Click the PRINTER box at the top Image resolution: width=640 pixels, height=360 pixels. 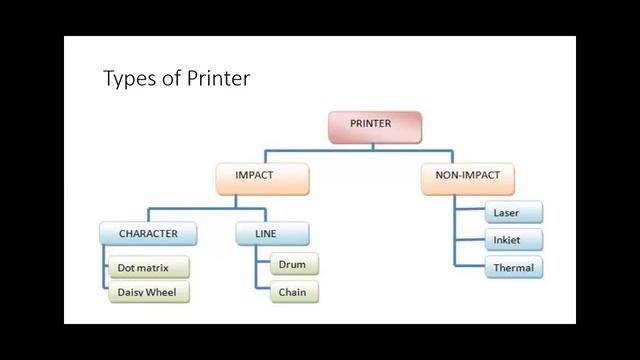(375, 124)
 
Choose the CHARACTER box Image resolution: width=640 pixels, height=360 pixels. (148, 234)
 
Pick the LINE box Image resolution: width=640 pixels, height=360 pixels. (272, 234)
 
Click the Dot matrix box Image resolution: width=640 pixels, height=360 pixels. (148, 269)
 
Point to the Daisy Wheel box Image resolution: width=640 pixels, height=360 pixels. (148, 293)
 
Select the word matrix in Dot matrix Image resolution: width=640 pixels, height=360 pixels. (160, 269)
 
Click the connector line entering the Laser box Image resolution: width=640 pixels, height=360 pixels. (470, 212)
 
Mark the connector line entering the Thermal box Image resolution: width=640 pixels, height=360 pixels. (470, 268)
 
